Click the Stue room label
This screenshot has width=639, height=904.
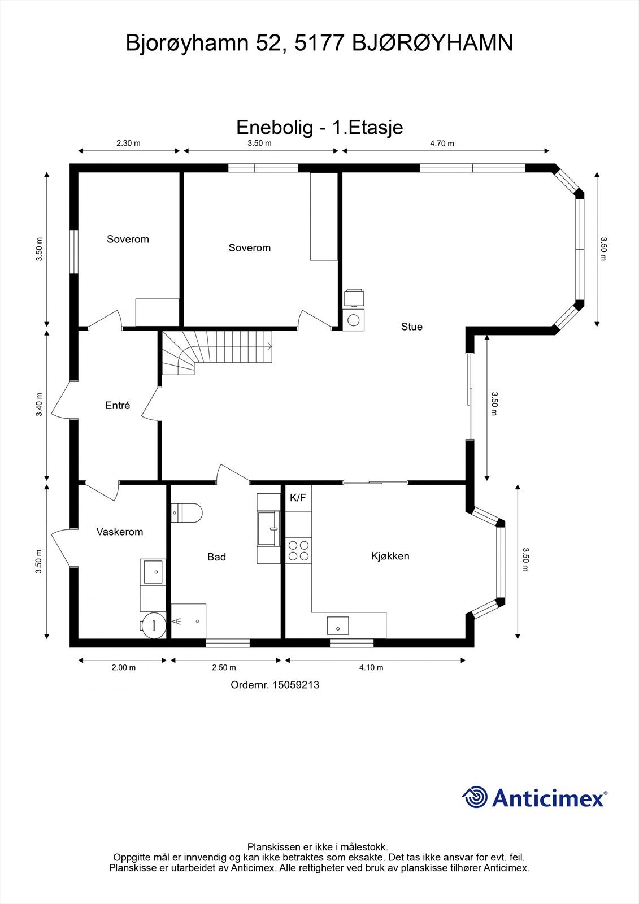point(412,327)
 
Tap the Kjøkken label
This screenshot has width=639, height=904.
point(390,556)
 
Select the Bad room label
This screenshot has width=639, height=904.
point(216,557)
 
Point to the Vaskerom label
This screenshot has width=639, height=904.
point(119,532)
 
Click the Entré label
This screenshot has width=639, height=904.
point(118,405)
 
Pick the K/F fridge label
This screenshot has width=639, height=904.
point(298,498)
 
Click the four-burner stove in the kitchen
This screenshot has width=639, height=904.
point(298,551)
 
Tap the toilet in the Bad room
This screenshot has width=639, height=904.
point(186,512)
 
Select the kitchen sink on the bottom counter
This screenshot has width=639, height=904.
point(338,625)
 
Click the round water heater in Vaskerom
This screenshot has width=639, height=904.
point(153,625)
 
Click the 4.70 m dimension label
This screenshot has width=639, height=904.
point(442,144)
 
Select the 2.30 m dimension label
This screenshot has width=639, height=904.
point(128,144)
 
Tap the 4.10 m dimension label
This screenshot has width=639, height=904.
point(371,667)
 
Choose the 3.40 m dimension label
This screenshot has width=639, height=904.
point(39,405)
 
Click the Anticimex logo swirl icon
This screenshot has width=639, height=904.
point(475,797)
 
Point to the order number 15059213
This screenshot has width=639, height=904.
point(296,685)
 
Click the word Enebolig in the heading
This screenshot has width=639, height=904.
point(275,127)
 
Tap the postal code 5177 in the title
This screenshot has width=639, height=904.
point(319,43)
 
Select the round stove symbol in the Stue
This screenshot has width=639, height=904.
point(354,320)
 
